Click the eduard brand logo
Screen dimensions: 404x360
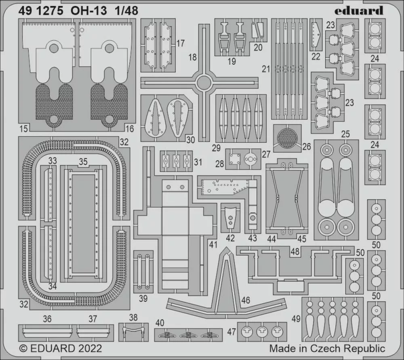(359, 11)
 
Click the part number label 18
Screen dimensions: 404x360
(192, 57)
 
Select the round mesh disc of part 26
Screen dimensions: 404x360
(287, 138)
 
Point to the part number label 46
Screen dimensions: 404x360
(246, 300)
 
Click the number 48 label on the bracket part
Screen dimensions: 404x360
(295, 251)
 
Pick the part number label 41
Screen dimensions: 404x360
(213, 244)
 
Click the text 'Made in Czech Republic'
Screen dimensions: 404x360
(327, 348)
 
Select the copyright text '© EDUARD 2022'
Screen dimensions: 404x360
(61, 348)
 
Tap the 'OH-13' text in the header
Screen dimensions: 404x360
(88, 11)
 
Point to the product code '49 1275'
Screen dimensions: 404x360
(41, 11)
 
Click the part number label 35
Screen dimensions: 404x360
(83, 162)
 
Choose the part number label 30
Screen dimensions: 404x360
(190, 140)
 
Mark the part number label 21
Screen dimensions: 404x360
(266, 69)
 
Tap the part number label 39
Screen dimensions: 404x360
(143, 299)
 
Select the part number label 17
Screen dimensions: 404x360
(180, 43)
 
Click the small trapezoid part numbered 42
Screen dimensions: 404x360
(230, 218)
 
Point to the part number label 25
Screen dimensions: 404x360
(345, 134)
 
